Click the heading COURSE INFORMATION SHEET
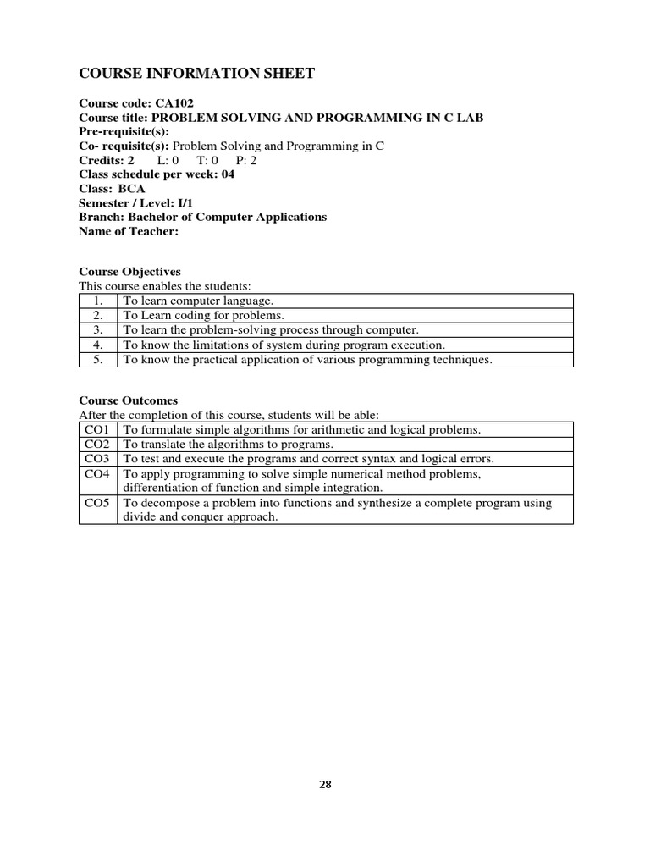click(x=196, y=74)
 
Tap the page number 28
click(x=326, y=784)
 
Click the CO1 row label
click(x=98, y=430)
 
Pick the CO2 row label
click(x=98, y=445)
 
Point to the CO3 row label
click(x=98, y=459)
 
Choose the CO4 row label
click(x=98, y=474)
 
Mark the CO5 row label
click(x=98, y=503)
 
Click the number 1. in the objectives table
click(x=98, y=301)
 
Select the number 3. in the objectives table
click(x=98, y=330)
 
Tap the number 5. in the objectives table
click(x=98, y=360)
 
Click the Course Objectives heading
click(x=129, y=272)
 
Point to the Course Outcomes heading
click(x=129, y=400)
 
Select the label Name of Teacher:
click(x=129, y=232)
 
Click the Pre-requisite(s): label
click(x=124, y=131)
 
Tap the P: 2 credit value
click(x=246, y=160)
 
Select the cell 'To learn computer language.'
click(x=198, y=301)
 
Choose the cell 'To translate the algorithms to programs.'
click(x=229, y=445)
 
